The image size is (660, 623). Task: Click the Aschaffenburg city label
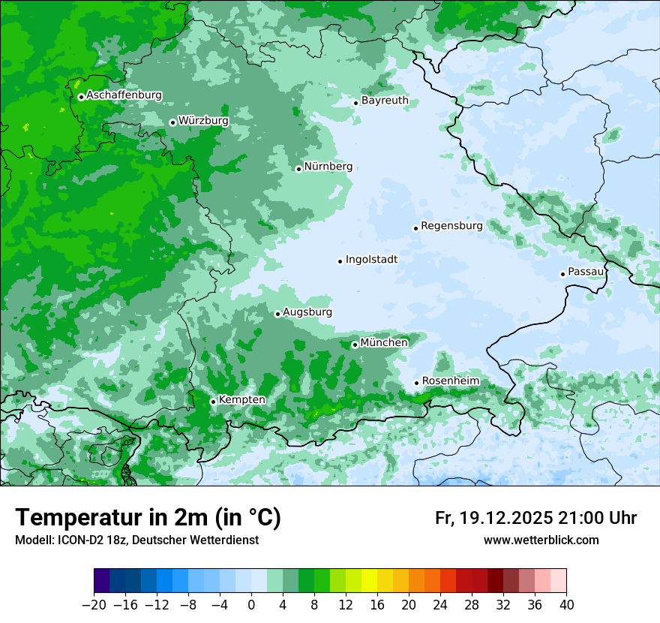[x=124, y=95]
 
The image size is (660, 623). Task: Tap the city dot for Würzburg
[x=172, y=122]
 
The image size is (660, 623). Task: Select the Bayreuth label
[x=385, y=101]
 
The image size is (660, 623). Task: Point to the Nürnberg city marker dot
[x=298, y=169]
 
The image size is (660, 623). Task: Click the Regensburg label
[x=451, y=226]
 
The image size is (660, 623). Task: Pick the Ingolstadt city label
[x=371, y=260]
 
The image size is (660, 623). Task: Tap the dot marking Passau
[x=562, y=274]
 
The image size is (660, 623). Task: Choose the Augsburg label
[x=307, y=312]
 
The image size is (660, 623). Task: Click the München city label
[x=384, y=343]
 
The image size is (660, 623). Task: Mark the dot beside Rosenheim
[x=416, y=383]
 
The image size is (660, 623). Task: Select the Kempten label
[x=241, y=400]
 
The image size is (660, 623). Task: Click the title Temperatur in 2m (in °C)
[x=148, y=517]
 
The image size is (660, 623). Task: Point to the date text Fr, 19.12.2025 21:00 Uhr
[x=535, y=518]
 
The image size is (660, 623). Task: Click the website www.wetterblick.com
[x=541, y=540]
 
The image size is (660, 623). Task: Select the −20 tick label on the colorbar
[x=94, y=605]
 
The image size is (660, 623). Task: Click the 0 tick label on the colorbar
[x=251, y=605]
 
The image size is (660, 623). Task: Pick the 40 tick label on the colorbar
[x=566, y=605]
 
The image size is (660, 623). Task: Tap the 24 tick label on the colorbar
[x=440, y=605]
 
